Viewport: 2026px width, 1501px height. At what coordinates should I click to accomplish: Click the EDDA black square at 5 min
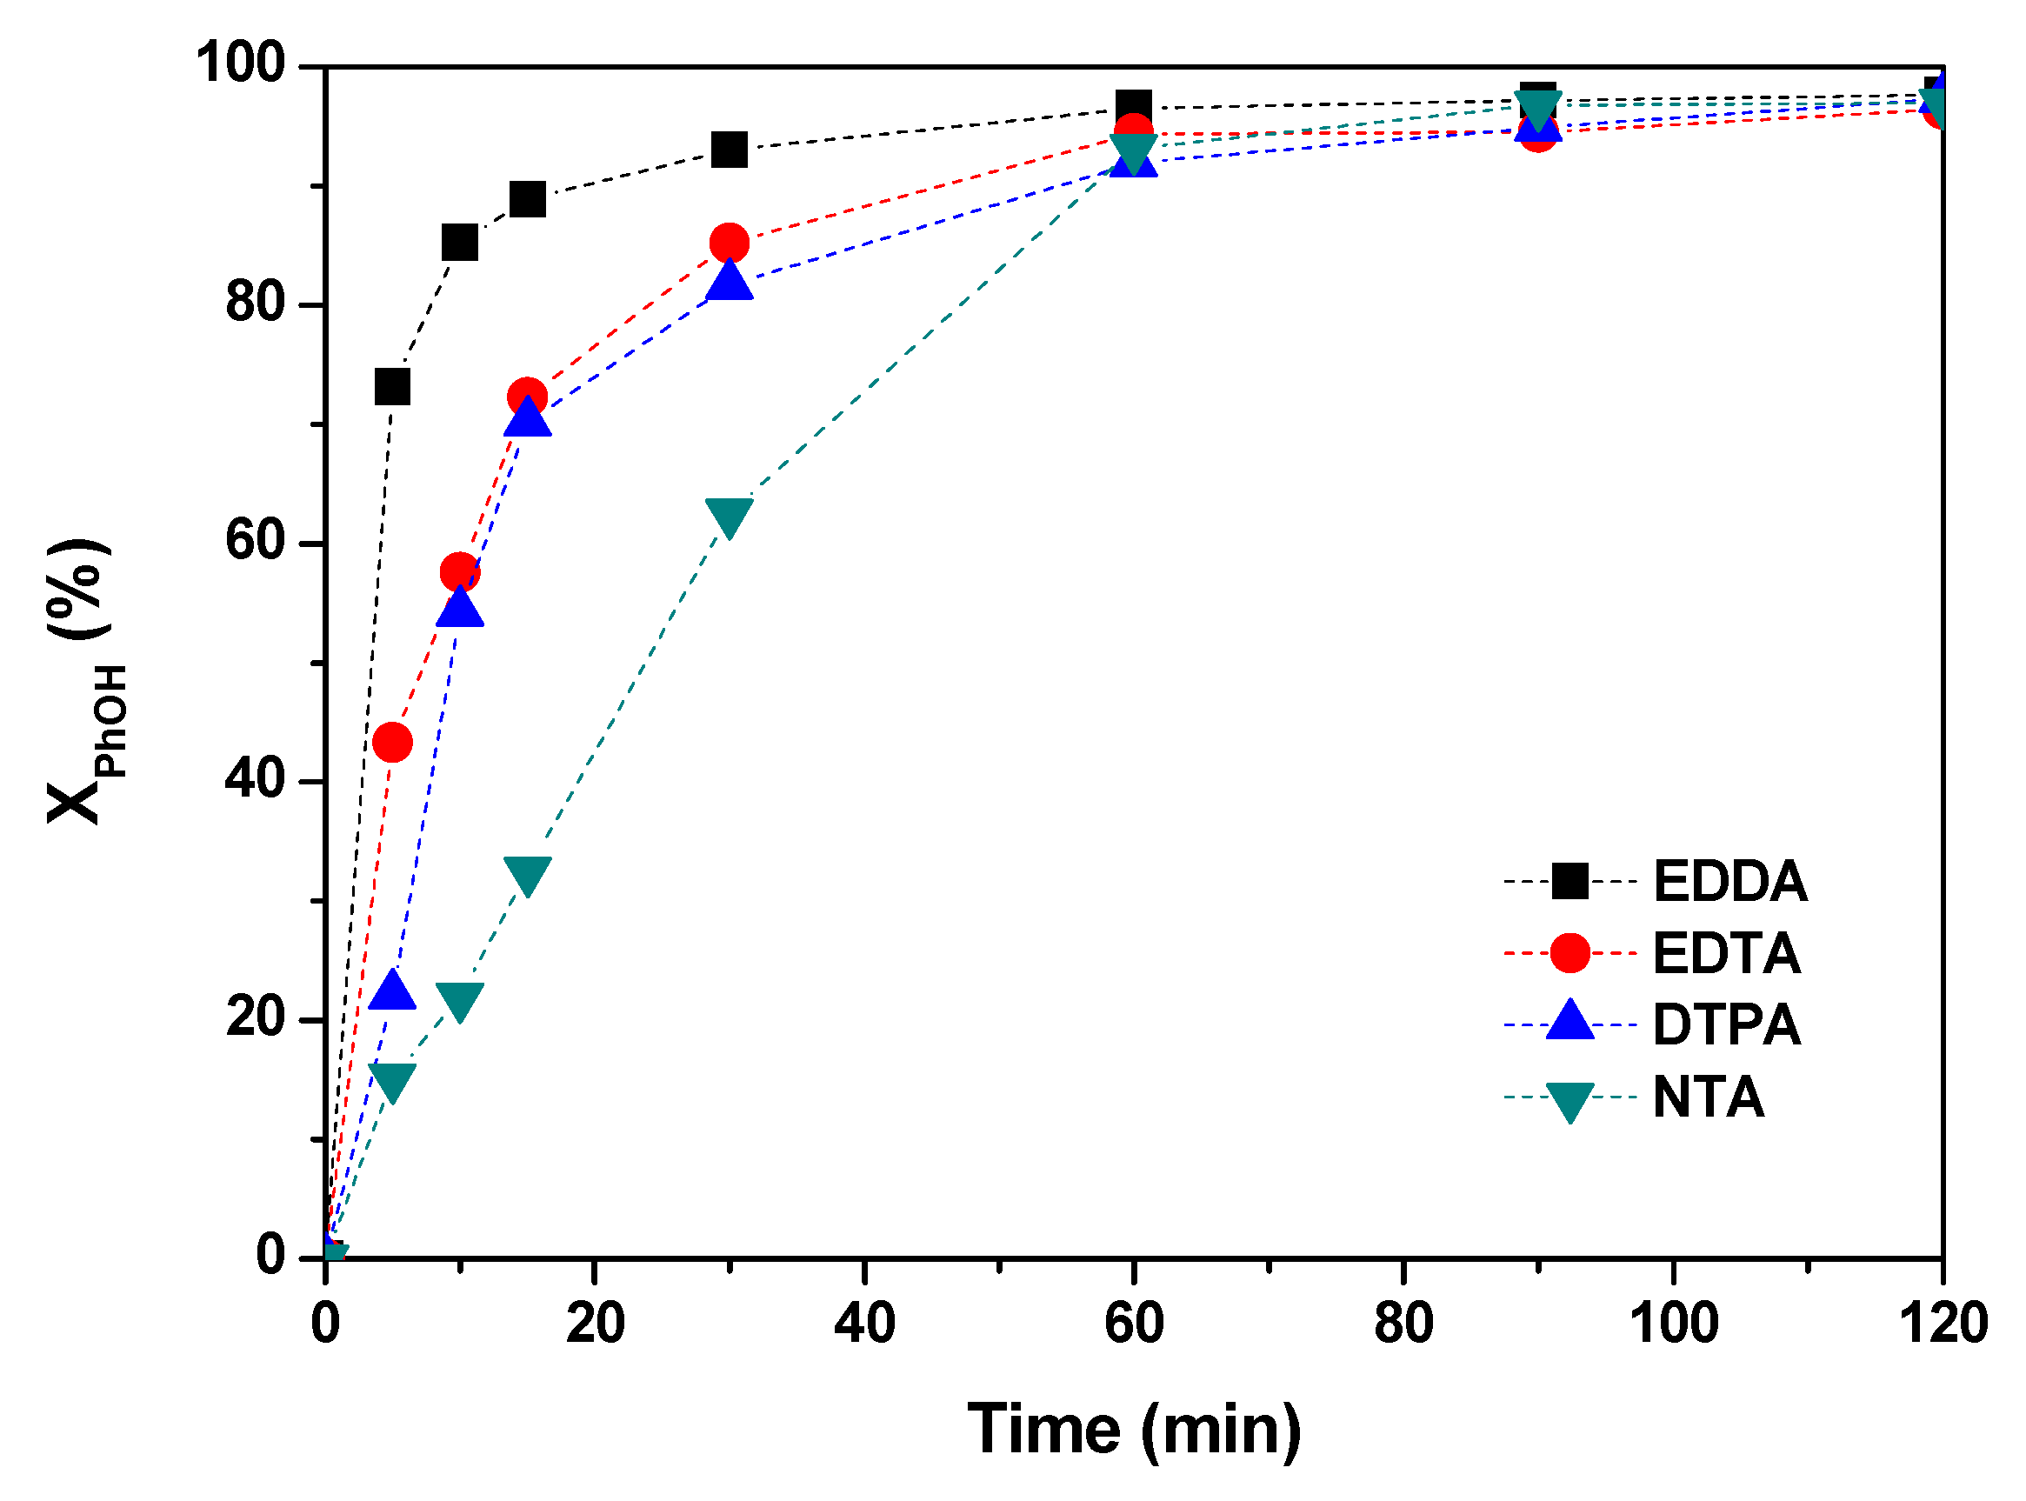392,387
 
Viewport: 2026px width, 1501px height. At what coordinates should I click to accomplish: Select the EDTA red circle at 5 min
392,743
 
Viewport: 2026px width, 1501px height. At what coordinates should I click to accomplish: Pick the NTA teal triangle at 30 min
729,516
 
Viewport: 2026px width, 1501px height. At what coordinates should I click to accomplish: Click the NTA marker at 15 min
527,874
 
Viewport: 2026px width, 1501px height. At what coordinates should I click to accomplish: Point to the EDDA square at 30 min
729,149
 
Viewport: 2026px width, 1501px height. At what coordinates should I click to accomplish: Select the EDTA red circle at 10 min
460,572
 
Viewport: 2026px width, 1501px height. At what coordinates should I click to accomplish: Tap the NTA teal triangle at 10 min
460,999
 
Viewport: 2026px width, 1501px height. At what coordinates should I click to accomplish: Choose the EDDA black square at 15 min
527,198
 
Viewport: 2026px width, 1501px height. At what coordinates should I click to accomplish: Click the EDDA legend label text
1729,880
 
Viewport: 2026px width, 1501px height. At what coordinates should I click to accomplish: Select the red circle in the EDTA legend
1569,953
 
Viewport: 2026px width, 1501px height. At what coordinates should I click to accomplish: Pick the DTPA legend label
1725,1025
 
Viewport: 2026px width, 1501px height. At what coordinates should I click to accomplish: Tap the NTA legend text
1708,1097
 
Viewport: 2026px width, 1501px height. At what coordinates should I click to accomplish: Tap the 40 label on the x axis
864,1323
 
